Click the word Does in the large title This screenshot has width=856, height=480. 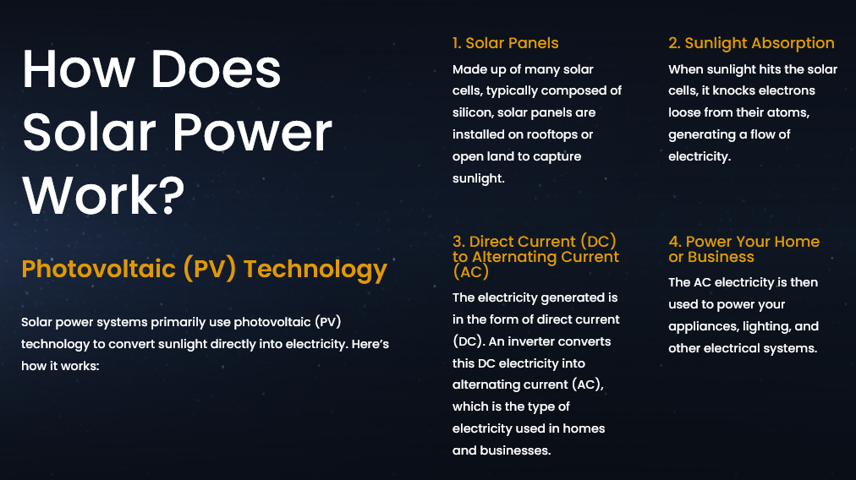click(x=216, y=69)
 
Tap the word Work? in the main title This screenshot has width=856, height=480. click(x=103, y=194)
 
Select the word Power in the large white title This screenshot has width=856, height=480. click(x=253, y=132)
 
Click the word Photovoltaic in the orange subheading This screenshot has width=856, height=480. click(x=98, y=269)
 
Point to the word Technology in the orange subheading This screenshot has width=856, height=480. click(x=315, y=270)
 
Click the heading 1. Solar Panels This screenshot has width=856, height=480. click(x=506, y=43)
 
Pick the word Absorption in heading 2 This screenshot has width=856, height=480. click(x=787, y=43)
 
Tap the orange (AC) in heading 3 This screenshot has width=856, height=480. click(x=470, y=271)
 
